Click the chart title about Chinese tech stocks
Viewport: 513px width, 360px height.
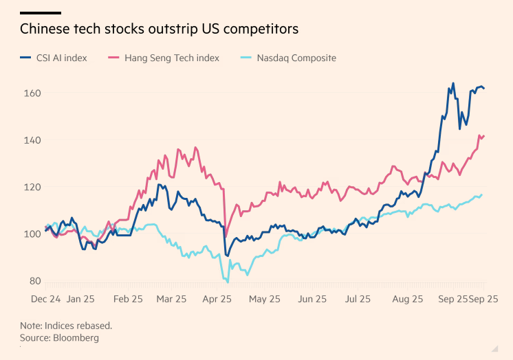coord(159,29)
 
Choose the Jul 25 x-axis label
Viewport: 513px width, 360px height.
coord(357,300)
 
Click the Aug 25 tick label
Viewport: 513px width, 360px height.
coord(407,300)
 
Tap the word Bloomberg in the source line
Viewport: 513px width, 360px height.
coord(78,338)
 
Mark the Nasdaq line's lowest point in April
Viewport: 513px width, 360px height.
coord(227,282)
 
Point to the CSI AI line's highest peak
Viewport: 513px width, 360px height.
coord(453,84)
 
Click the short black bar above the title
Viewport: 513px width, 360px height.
coord(40,12)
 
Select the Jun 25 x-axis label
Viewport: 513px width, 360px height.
coord(312,300)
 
